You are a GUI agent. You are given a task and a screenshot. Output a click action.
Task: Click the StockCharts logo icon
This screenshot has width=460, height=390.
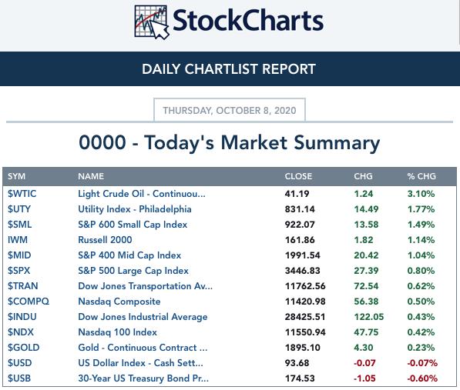coord(152,22)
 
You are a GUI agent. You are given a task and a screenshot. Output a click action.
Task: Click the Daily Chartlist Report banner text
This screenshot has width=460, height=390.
coord(229,69)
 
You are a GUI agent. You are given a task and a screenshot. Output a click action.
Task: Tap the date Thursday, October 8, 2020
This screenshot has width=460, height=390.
coord(230,110)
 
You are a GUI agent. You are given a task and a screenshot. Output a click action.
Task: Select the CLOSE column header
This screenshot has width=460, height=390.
coord(298,176)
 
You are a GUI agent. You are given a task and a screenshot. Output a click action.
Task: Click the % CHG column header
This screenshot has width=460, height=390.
coord(421,176)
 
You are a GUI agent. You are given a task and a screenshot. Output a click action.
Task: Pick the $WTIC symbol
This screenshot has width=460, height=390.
coord(22,194)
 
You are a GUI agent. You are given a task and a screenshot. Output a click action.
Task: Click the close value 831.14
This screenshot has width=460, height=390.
coord(300,209)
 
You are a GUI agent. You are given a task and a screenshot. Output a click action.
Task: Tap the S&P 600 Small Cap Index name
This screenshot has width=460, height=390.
coord(133,225)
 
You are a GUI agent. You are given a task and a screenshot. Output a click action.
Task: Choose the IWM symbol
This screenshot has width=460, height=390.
coord(18,240)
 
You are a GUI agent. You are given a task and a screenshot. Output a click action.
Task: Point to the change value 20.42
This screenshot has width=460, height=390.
coord(366,255)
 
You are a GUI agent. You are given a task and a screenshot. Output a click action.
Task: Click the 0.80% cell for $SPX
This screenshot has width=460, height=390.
coord(421,271)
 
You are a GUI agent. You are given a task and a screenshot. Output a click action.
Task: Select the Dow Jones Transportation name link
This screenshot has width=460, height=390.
coord(145,286)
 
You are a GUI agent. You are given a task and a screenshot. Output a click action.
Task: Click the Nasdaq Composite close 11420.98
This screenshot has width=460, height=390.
coord(305,302)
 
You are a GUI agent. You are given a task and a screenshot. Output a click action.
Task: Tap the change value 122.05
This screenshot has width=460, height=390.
coord(369,317)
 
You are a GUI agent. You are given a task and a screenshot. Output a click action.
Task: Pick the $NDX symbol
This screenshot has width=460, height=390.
coord(21,332)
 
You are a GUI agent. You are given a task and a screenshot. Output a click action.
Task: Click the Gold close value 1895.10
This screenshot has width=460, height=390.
coord(303,348)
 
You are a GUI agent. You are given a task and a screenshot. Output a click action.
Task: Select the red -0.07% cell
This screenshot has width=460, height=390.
coord(422,363)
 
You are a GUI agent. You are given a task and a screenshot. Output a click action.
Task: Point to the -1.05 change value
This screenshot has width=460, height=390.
coord(364,378)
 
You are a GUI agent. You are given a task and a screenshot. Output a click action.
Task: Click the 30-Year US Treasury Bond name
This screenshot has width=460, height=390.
coord(143,378)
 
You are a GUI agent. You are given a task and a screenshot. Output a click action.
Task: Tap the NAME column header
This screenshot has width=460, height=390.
coord(91,176)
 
